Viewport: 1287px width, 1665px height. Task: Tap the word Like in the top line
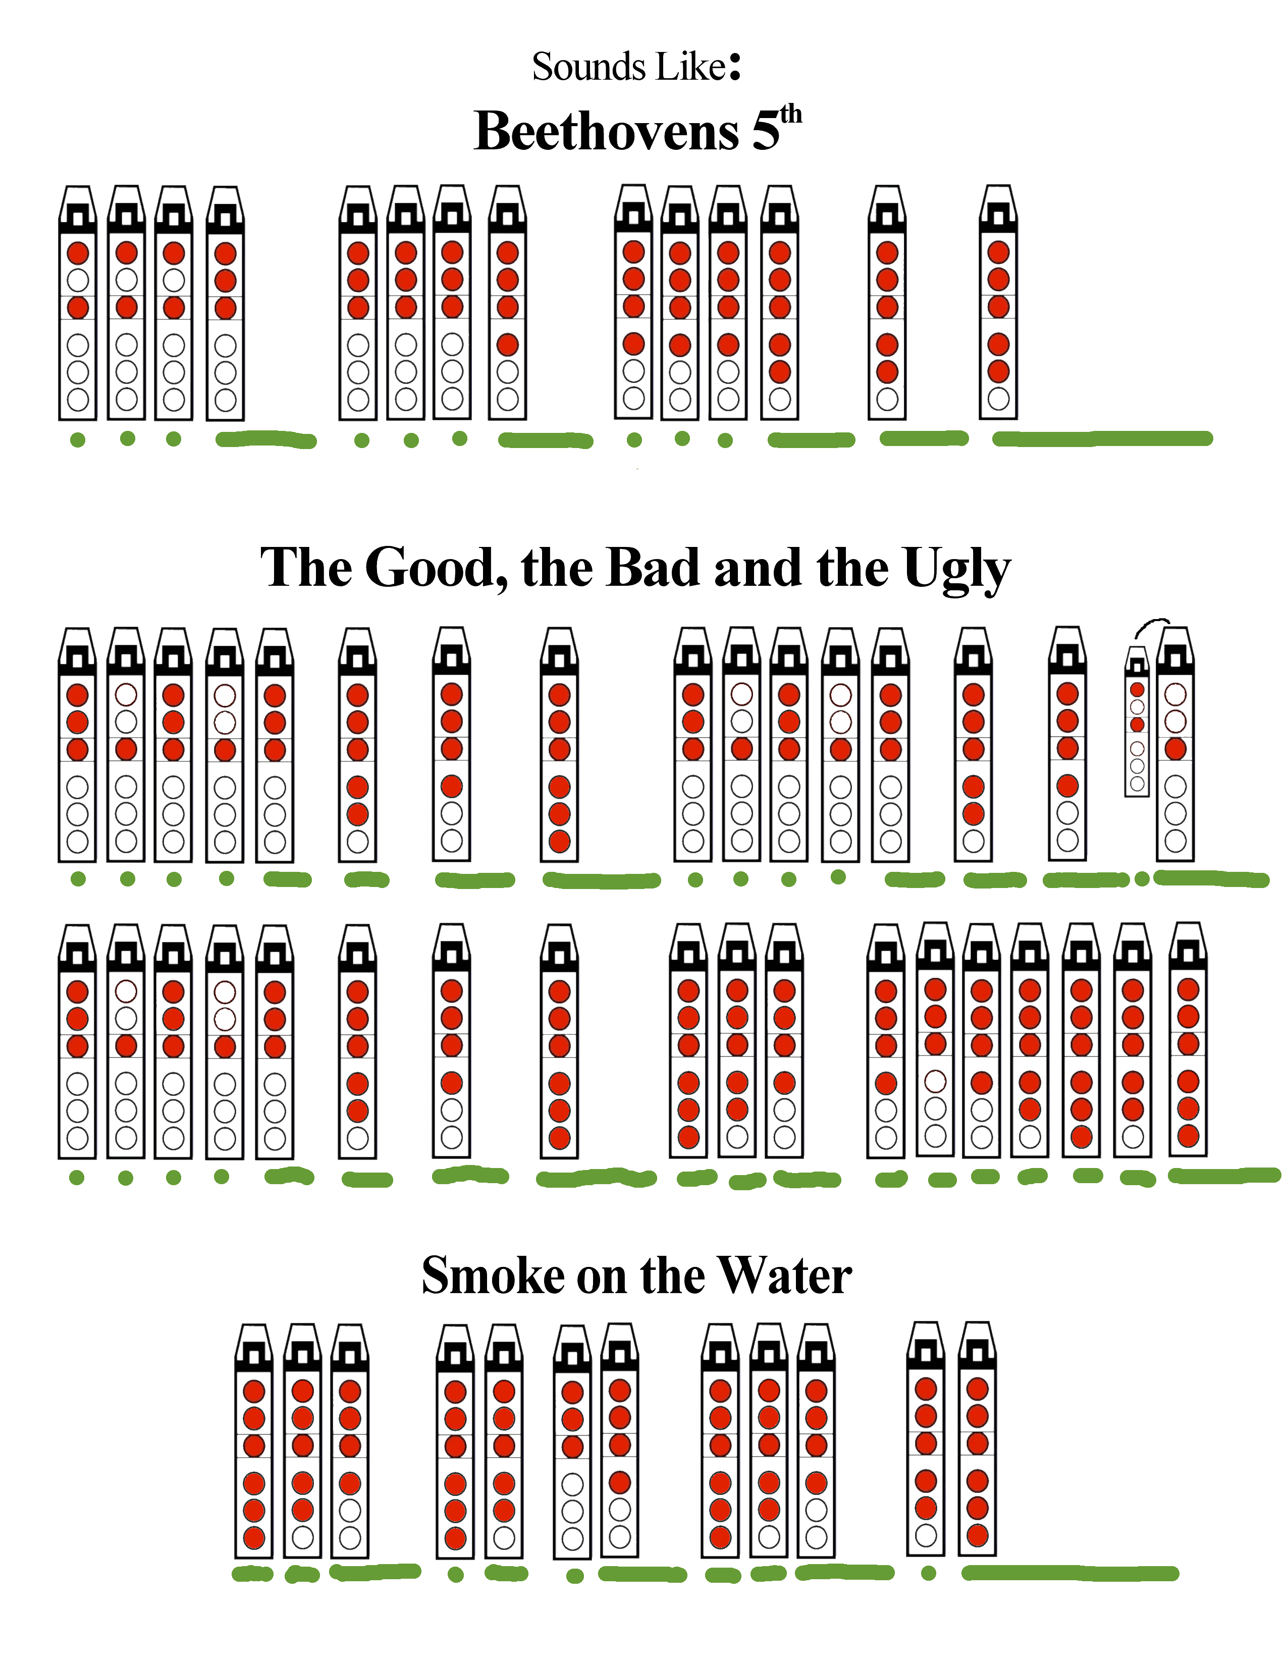tap(691, 67)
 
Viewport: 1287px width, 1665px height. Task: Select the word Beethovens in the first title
tap(606, 131)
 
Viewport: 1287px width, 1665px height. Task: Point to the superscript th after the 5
tap(791, 115)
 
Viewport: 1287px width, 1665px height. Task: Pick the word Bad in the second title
tap(653, 569)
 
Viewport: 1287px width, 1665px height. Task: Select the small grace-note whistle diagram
tap(1137, 721)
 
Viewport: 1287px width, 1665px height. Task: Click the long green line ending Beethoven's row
tap(1102, 438)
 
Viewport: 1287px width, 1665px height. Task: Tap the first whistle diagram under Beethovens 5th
tap(78, 303)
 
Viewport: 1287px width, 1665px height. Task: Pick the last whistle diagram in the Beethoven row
tap(998, 303)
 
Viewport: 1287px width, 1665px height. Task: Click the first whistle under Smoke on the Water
tap(254, 1441)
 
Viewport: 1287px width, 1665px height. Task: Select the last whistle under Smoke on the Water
tap(977, 1439)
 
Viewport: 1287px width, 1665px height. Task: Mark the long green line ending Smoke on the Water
tap(1069, 1573)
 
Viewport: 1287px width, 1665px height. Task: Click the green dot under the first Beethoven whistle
tap(78, 440)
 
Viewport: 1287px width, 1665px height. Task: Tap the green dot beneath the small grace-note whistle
tap(1141, 879)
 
